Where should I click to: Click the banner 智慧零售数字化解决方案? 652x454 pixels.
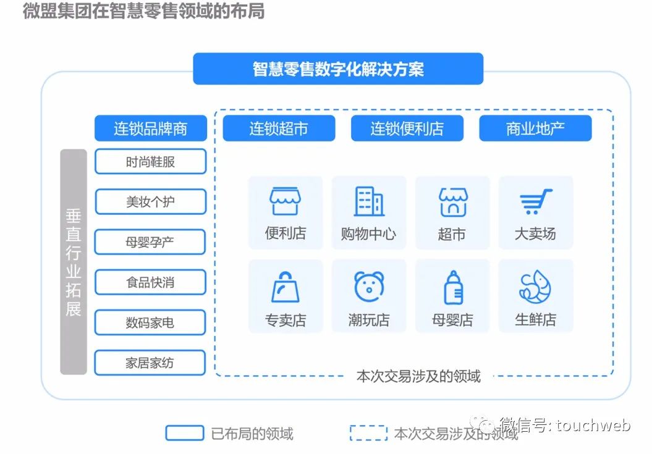337,69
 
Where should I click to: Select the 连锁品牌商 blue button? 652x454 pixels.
150,128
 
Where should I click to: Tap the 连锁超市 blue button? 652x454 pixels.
279,128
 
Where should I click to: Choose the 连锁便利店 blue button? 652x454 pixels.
407,128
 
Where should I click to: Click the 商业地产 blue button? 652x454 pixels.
535,128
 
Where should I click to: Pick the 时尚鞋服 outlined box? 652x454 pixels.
150,162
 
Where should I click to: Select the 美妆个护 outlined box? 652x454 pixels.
150,202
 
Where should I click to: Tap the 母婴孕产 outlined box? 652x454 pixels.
150,242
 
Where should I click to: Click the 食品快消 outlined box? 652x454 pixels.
150,282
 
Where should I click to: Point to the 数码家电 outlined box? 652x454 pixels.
150,322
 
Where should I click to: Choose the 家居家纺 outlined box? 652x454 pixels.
150,363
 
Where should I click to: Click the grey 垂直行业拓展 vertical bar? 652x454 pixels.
74,262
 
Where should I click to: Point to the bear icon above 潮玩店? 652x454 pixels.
369,286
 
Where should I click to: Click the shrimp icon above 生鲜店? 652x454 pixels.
535,287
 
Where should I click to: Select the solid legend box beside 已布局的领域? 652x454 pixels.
184,433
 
